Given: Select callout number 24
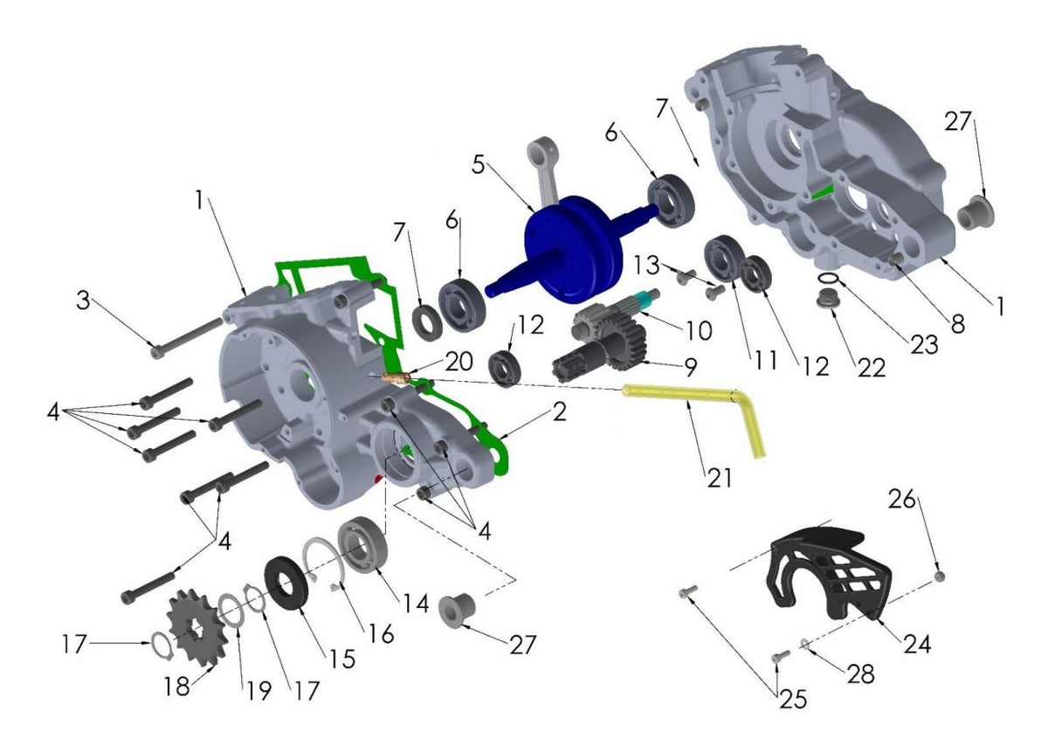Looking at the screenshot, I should coord(917,645).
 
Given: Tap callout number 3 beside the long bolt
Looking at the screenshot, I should coord(83,301).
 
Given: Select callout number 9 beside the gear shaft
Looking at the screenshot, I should coord(690,368).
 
